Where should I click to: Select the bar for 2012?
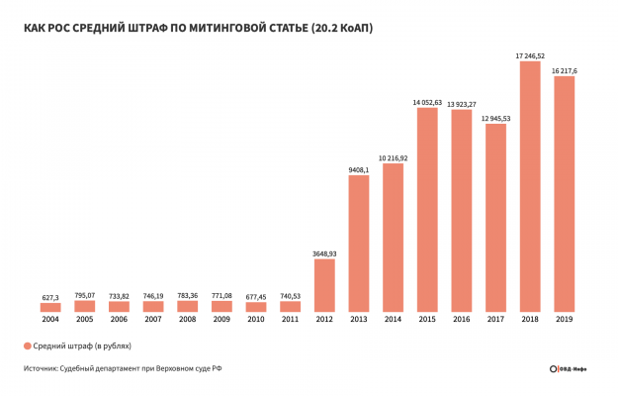[x=324, y=288]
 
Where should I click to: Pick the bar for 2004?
[x=50, y=307]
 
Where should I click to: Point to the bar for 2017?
[x=495, y=218]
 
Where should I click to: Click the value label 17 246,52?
[x=530, y=56]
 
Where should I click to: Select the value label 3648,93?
[x=324, y=254]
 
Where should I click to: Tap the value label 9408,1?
[x=359, y=169]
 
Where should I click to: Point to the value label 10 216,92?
[x=393, y=157]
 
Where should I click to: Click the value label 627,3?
[x=50, y=296]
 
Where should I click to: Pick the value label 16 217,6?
[x=565, y=71]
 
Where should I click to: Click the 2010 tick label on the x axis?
[x=256, y=321]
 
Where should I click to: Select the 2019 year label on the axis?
[x=565, y=321]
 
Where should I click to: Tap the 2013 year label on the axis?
[x=359, y=321]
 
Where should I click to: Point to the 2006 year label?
[x=119, y=321]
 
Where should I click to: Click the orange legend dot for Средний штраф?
[x=28, y=346]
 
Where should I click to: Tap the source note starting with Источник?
[x=124, y=370]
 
